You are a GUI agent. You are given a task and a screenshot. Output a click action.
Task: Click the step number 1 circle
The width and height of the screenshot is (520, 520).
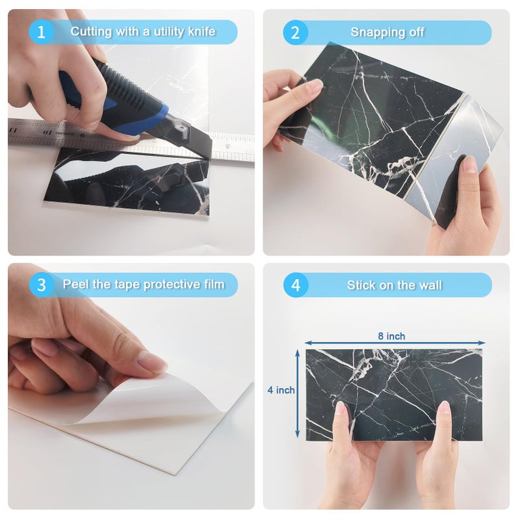tap(41, 32)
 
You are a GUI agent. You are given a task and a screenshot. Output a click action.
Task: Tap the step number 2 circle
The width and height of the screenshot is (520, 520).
tap(295, 32)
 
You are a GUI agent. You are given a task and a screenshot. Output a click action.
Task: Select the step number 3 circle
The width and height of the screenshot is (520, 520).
tap(41, 285)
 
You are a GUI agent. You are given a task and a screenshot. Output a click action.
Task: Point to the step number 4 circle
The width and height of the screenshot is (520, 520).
tap(296, 285)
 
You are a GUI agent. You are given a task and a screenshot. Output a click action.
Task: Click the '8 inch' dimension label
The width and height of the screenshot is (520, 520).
tap(391, 336)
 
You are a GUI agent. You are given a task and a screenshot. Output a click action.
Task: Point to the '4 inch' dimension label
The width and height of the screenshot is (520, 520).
tap(281, 390)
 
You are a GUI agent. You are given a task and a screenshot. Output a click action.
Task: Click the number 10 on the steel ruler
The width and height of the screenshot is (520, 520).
tap(47, 133)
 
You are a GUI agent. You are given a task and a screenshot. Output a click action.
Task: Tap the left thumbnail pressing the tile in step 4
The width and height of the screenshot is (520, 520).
tap(341, 409)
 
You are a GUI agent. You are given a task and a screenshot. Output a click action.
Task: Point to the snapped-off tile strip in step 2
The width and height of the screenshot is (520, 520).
tap(454, 159)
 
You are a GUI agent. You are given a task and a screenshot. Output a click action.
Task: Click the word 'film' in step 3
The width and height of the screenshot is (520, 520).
tap(214, 284)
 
